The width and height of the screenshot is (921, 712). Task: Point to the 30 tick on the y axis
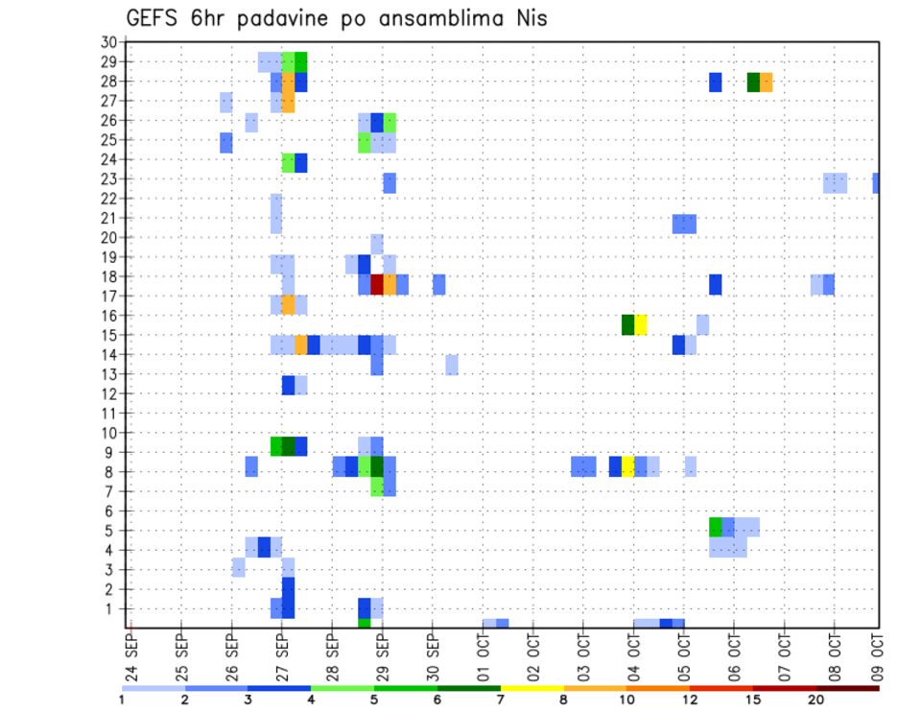(x=107, y=42)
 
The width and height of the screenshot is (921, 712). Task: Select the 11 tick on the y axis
(x=108, y=414)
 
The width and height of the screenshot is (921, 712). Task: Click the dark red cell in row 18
(x=377, y=284)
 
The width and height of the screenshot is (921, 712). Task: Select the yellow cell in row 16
(x=640, y=324)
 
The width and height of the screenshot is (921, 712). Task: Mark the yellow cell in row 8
(x=627, y=466)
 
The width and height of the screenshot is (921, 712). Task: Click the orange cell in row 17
(x=288, y=304)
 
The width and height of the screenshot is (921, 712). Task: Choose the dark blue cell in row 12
(x=288, y=385)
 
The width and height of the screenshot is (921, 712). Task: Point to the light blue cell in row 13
(x=452, y=365)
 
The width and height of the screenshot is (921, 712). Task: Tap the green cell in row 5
(x=715, y=526)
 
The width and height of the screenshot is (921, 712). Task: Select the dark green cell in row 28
(x=753, y=82)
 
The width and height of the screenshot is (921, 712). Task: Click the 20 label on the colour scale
(x=816, y=700)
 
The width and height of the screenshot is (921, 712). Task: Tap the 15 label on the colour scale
(x=753, y=700)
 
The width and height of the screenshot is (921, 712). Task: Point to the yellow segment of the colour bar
(x=532, y=687)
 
